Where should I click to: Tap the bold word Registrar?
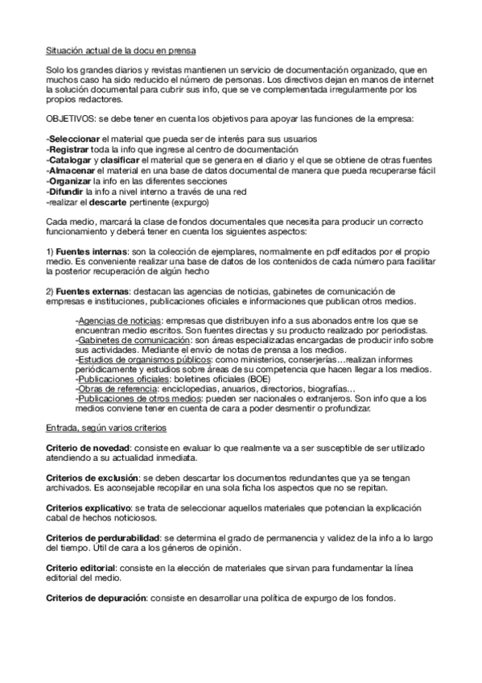click(x=71, y=151)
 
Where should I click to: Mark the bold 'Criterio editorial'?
click(x=84, y=568)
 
